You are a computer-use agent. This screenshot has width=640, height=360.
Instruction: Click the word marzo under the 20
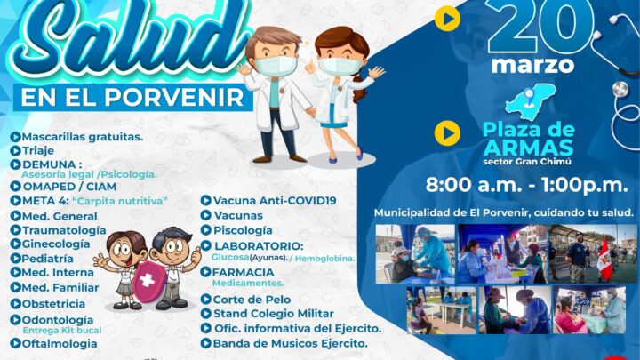[x=532, y=65]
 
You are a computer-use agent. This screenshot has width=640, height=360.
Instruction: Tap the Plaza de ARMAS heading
[x=529, y=139]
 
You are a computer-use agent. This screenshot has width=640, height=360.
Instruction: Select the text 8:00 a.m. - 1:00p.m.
[x=526, y=185]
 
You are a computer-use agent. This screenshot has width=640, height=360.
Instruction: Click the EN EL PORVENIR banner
[x=132, y=97]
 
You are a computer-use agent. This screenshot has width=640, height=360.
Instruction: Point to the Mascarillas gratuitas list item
[x=77, y=137]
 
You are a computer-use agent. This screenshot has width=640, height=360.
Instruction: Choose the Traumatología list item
[x=59, y=230]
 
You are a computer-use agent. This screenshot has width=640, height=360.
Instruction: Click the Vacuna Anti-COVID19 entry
[x=268, y=200]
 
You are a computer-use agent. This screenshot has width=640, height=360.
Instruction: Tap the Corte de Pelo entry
[x=245, y=300]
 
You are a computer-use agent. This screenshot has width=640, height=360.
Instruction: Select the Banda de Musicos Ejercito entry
[x=284, y=343]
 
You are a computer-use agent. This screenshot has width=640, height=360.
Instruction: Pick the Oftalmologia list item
[x=54, y=344]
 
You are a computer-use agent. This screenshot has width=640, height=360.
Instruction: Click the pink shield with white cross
[x=148, y=281]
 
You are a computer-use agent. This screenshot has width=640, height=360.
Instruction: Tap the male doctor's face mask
[x=275, y=65]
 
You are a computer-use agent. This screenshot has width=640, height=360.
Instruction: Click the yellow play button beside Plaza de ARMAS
[x=447, y=133]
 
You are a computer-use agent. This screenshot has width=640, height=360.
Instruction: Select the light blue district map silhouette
[x=531, y=100]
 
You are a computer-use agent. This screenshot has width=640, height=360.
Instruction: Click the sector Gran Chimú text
[x=527, y=162]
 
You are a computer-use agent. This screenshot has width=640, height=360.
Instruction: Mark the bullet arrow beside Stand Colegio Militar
[x=205, y=314]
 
